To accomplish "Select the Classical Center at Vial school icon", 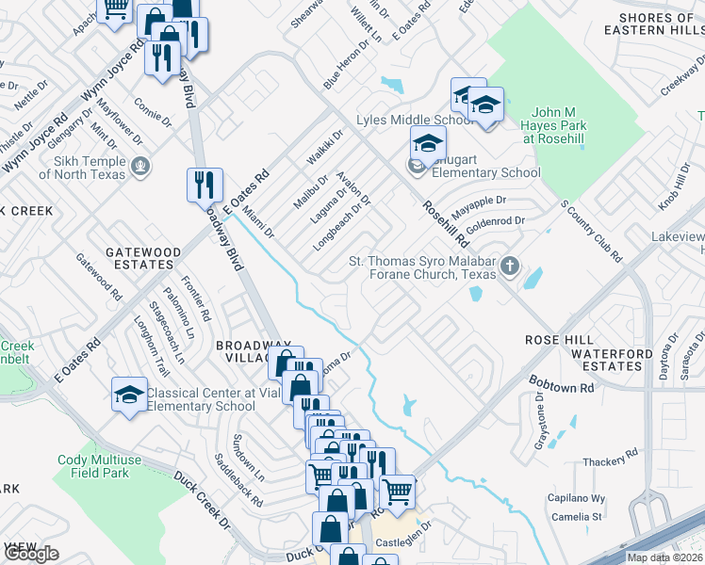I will (129, 395).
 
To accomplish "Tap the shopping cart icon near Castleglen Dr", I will (397, 491).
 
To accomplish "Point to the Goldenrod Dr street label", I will (494, 222).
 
